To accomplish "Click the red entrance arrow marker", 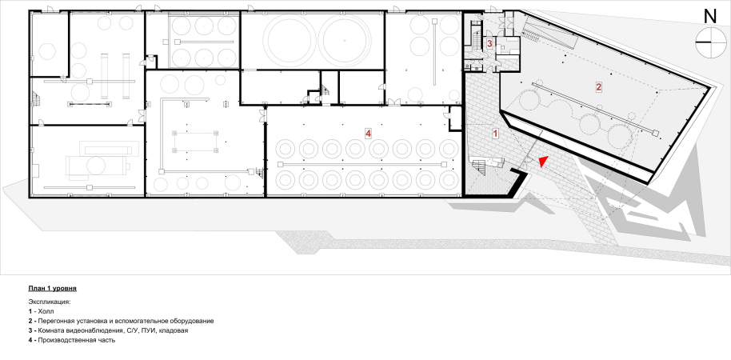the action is (541, 162).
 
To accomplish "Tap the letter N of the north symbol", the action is (709, 17).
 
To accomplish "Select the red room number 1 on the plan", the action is (496, 133).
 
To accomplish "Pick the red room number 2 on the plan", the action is (598, 86).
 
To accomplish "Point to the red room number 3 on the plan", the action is (489, 44).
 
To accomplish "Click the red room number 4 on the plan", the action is (368, 134).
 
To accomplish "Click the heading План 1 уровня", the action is (52, 289).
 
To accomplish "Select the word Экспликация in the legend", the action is (50, 302).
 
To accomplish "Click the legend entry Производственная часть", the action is (77, 341).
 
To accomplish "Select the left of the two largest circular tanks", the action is (288, 41).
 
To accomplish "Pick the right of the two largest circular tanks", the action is (345, 41).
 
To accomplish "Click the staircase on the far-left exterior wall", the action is (36, 98).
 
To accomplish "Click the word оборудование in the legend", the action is (194, 322).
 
